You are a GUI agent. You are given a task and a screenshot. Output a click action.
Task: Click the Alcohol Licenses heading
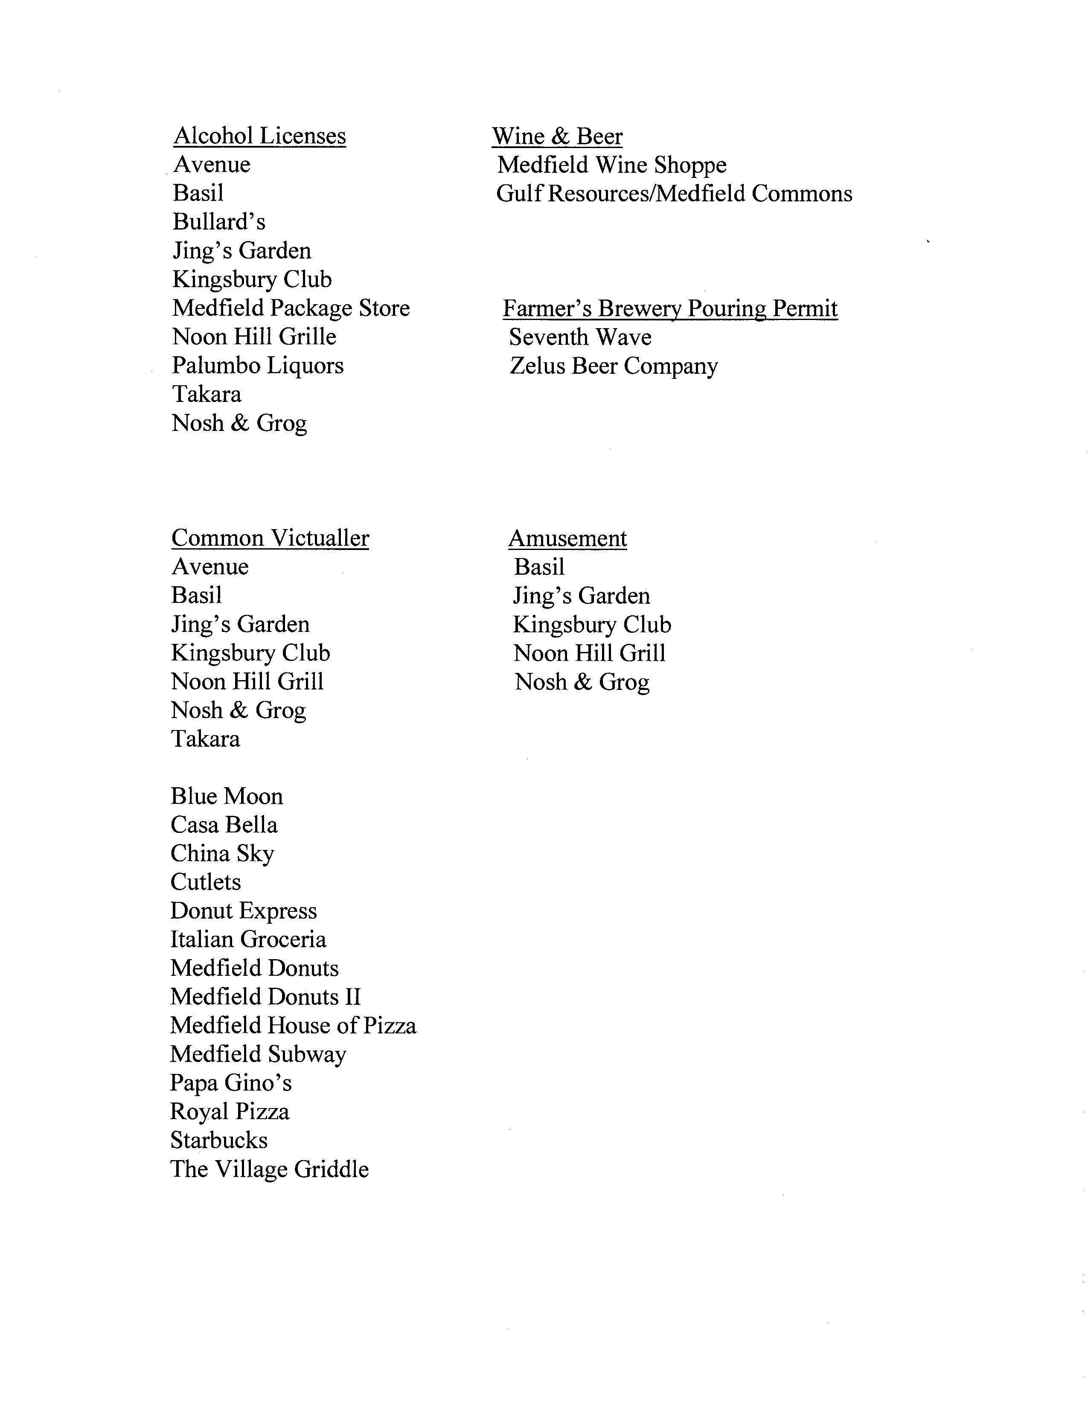tap(260, 136)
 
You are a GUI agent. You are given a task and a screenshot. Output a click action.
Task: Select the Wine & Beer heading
tap(557, 137)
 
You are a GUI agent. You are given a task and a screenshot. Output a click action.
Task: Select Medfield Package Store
tap(291, 308)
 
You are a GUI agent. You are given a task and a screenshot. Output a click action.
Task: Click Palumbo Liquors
tap(257, 366)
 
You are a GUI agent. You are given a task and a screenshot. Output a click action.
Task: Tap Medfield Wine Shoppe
tap(612, 165)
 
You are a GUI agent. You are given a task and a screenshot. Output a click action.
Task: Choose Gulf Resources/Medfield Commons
tap(674, 193)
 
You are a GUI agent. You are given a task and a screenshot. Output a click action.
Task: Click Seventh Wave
tap(580, 337)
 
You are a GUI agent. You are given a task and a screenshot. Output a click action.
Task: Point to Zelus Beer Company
tap(613, 366)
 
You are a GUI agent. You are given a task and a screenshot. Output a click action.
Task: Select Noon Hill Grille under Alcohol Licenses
tap(254, 337)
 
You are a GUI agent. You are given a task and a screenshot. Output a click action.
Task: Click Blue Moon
tap(226, 796)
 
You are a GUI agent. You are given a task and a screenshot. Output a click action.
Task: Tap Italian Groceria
tap(248, 940)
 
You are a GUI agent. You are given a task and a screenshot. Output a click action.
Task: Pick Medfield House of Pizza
tap(293, 1026)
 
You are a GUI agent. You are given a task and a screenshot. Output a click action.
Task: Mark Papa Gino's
tap(231, 1083)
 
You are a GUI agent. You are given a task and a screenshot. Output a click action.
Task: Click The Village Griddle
tap(269, 1169)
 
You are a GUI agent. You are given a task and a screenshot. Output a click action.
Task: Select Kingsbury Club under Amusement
tap(592, 625)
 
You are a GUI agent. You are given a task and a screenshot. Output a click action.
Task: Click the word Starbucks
tap(218, 1140)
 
